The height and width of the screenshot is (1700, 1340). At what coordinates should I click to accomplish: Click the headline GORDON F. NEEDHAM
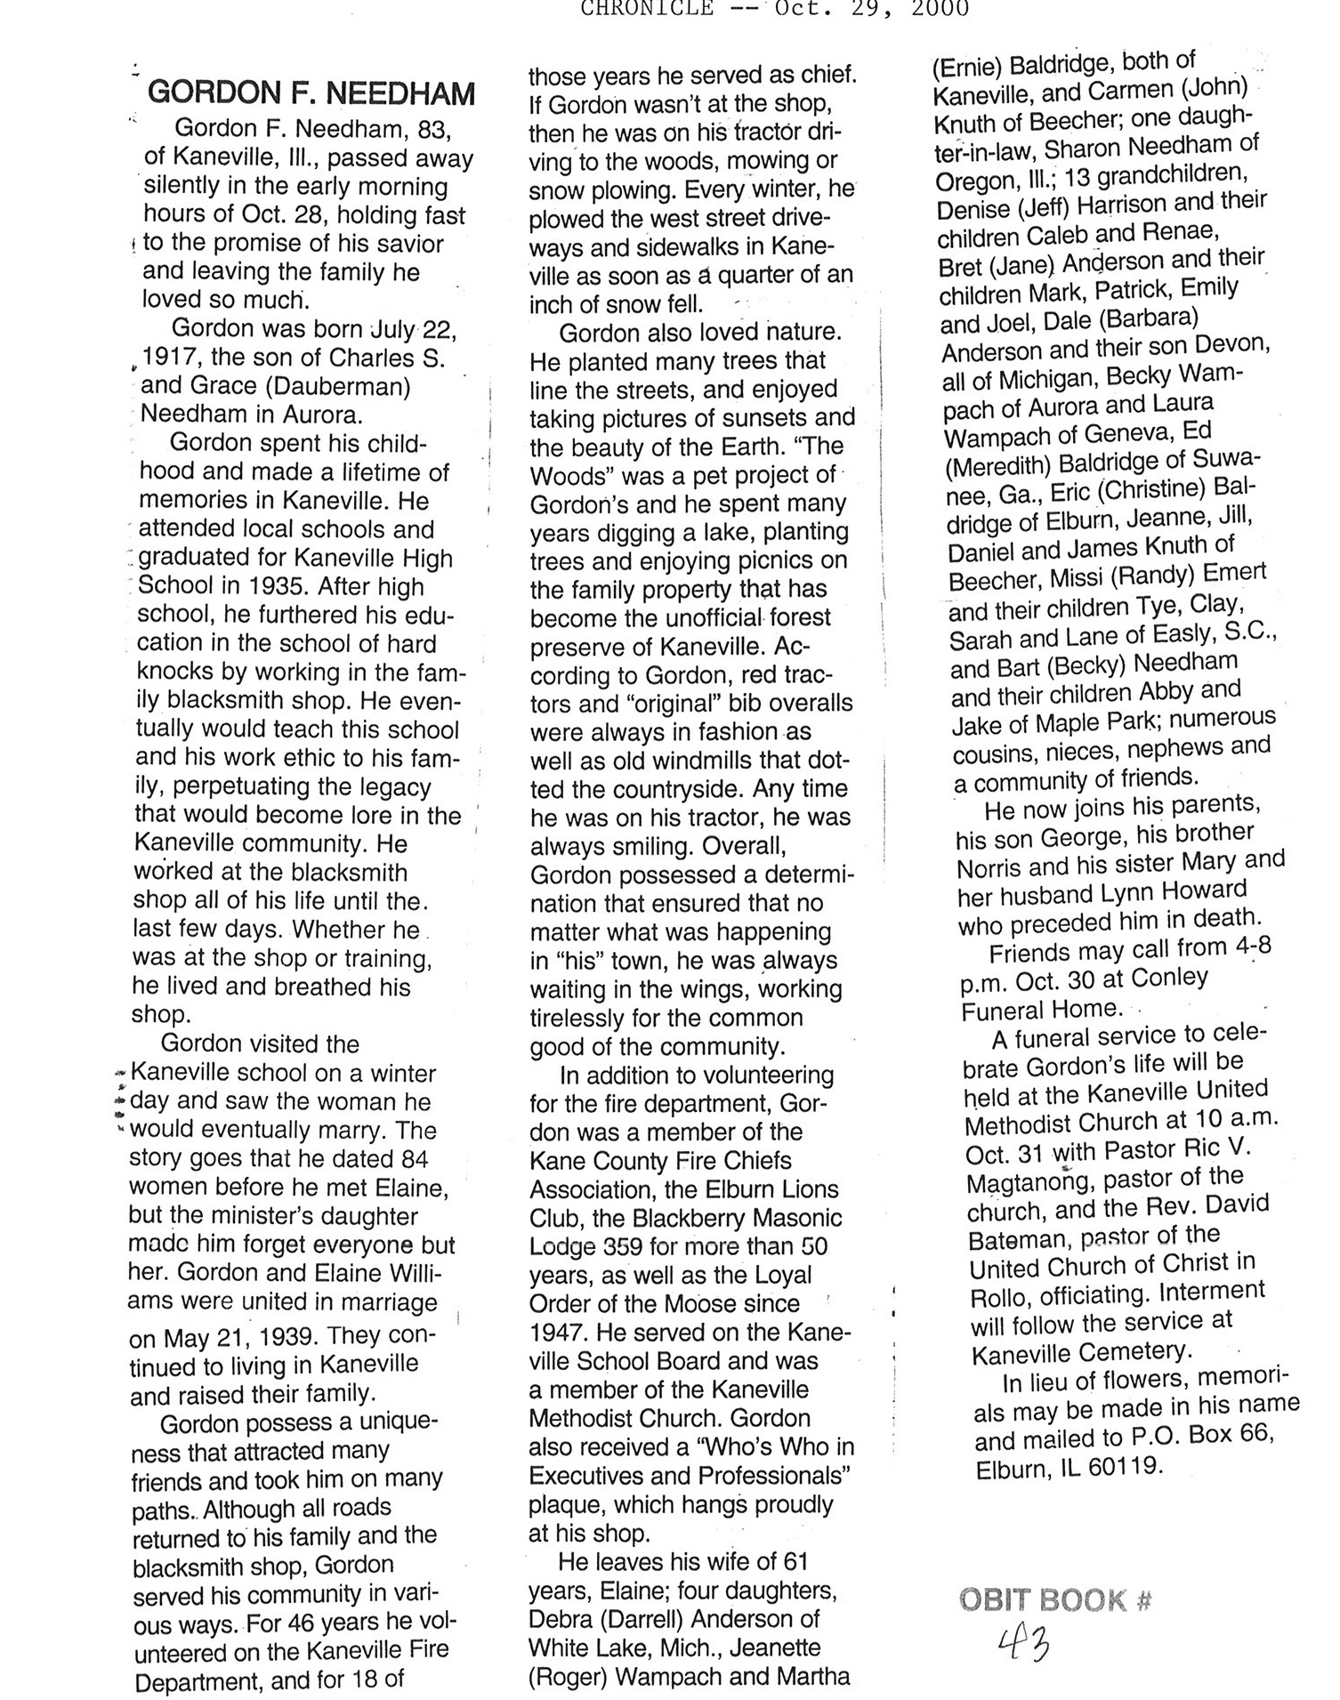pos(311,93)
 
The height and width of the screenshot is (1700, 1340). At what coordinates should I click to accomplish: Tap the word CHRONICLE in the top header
pos(646,8)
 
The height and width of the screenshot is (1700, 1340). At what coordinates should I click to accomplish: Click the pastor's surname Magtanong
pos(1028,1182)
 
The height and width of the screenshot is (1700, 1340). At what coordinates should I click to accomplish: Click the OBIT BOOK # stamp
pos(1055,1600)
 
